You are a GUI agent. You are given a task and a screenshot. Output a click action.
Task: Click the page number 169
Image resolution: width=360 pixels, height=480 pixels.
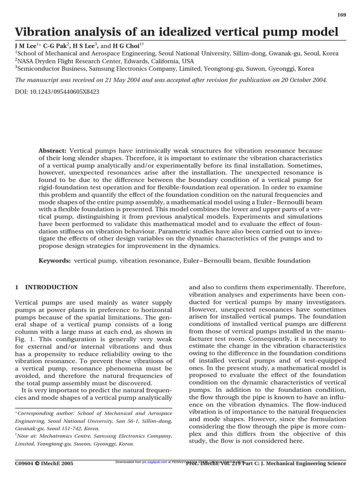click(342, 15)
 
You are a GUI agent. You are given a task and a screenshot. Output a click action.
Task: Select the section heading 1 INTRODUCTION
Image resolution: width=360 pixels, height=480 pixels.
click(46, 287)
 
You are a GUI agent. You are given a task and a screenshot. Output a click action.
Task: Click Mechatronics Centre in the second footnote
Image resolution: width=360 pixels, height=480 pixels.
click(57, 436)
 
